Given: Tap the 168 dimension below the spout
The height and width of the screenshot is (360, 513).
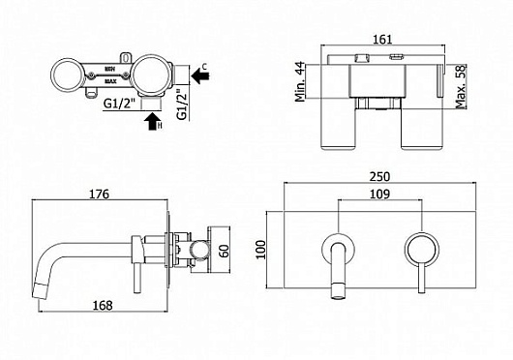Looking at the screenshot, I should [x=99, y=305].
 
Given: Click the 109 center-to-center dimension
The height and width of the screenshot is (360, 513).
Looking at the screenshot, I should [x=379, y=195].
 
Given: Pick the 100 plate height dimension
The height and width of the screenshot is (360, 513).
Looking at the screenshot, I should [x=258, y=248].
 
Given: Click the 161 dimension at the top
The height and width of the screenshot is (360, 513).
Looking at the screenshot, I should [x=383, y=41].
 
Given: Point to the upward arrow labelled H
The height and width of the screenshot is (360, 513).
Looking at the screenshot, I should [x=151, y=120].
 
